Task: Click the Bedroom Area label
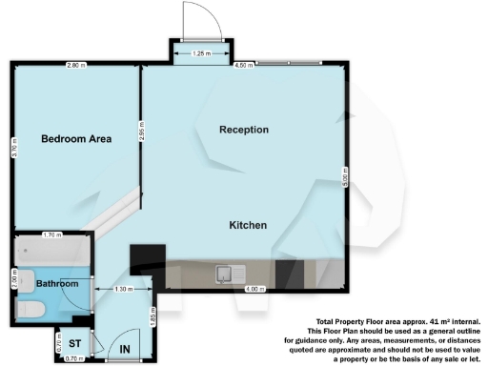click(x=76, y=139)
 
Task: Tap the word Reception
click(x=244, y=130)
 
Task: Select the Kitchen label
click(x=247, y=225)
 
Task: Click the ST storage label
click(x=73, y=340)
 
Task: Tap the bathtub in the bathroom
click(x=51, y=253)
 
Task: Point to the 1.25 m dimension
click(x=200, y=53)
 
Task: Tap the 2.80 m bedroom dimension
click(x=74, y=65)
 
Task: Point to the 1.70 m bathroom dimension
click(x=52, y=234)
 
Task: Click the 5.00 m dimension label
click(x=346, y=176)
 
